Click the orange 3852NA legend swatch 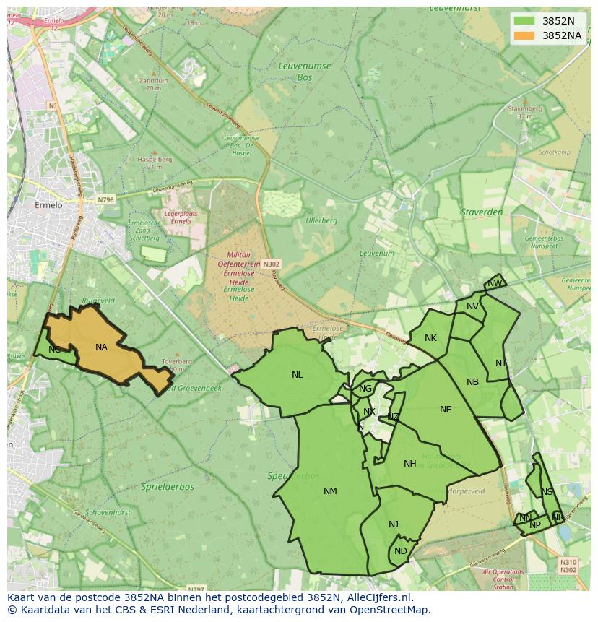point(525,35)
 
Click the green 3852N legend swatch point(525,20)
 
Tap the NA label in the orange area point(101,347)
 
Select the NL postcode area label point(298,375)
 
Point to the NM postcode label point(330,491)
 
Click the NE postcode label point(446,410)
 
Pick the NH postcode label point(410,464)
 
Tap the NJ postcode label point(394,524)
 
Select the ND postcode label point(401,551)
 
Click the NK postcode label point(430,338)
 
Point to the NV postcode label point(472,306)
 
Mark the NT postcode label point(501,363)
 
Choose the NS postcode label point(547,493)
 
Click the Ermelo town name point(50,205)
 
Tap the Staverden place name point(481,212)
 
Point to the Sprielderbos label point(168,487)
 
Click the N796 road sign point(105,199)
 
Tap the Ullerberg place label point(321,220)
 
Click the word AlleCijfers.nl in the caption point(378,597)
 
